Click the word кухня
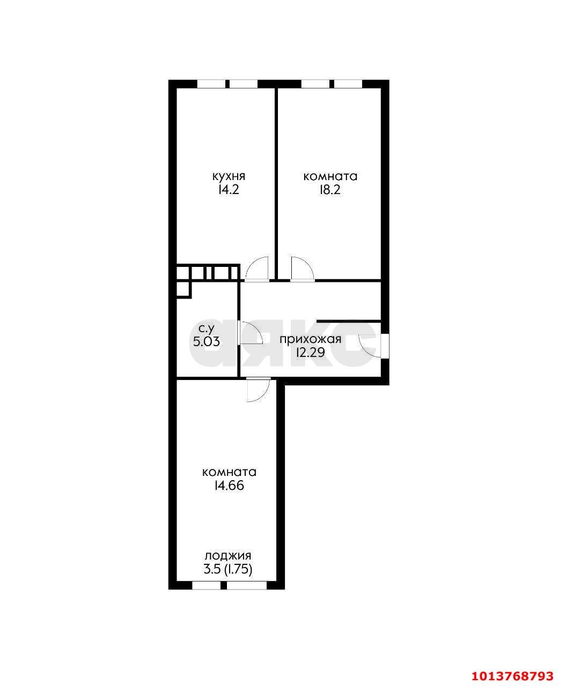[x=229, y=176]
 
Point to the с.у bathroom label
[x=208, y=328]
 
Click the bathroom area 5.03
[x=207, y=341]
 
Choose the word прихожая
[x=311, y=339]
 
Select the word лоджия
[x=228, y=556]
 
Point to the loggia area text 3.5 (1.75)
[x=228, y=569]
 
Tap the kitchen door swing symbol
[x=257, y=269]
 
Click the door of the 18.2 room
[x=302, y=269]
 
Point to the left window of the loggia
[x=207, y=586]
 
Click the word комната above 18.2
[x=330, y=176]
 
